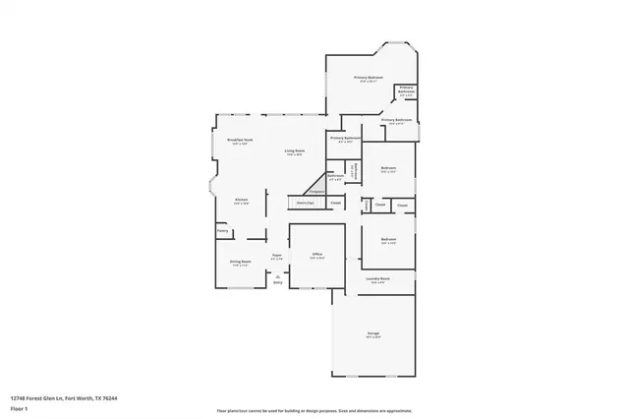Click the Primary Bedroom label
pos(370,78)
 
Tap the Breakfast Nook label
pos(241,141)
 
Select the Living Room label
pos(294,151)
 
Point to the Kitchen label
pos(241,200)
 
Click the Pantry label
pos(223,231)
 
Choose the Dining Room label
pos(241,262)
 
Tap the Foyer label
pos(276,255)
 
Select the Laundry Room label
pos(378,279)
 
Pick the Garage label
pos(374,334)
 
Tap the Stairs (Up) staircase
pos(305,203)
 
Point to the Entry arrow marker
pos(278,277)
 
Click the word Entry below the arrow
pos(278,284)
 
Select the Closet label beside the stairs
pos(335,203)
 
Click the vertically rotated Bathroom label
pos(353,170)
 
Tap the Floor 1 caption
pos(20,408)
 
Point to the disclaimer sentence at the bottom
pos(314,410)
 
